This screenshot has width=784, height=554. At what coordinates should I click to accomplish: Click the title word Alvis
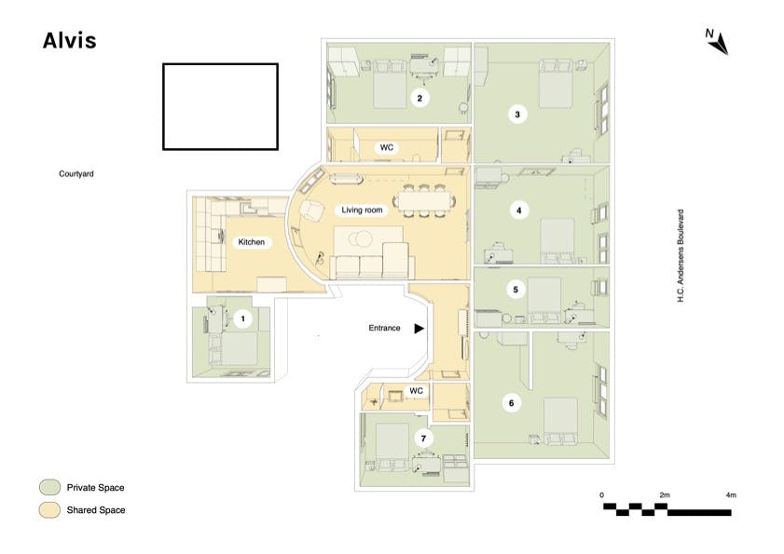pos(70,40)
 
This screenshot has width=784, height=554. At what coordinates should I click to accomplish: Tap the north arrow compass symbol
pos(718,42)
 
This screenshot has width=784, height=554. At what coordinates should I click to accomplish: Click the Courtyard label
pos(76,174)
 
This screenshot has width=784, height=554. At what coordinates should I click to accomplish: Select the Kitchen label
pos(252,242)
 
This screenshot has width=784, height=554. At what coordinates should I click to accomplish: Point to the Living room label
pos(362,210)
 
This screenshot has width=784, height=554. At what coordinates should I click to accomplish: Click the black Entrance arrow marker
pos(419,328)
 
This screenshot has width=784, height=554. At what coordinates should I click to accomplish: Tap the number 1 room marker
pos(243,318)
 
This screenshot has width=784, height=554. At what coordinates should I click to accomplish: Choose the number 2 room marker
pos(420,98)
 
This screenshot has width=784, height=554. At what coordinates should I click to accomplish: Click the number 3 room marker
pos(517,115)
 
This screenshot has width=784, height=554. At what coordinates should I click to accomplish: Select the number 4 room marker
pos(518,210)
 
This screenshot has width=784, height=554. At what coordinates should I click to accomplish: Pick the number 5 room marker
pos(516,290)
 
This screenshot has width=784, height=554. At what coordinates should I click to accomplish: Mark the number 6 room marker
pos(511,403)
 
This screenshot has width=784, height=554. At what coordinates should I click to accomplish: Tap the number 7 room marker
pos(423,439)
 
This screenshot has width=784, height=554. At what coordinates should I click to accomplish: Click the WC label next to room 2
pos(387,147)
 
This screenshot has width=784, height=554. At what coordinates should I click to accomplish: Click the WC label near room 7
pos(416,391)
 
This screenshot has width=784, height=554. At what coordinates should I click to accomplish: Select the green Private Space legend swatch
pos(49,488)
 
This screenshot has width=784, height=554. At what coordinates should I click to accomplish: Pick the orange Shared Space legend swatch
pos(49,510)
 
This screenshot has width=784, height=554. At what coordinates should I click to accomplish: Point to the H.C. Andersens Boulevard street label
pos(680,255)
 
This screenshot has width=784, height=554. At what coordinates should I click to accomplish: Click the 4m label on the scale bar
pos(731,495)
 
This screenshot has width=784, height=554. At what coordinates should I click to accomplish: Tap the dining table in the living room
pos(424,201)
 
